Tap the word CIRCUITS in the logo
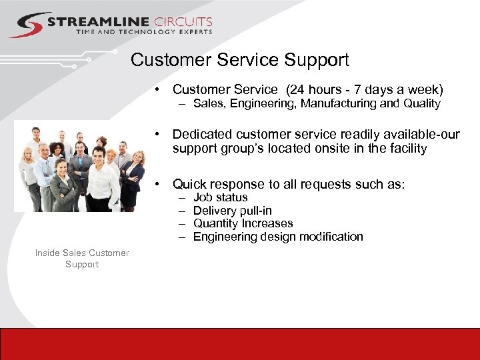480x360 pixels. [182, 22]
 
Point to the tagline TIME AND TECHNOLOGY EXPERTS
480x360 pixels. [144, 32]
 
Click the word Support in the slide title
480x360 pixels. [317, 60]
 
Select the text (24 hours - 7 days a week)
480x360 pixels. [363, 89]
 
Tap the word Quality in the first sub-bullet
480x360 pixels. [420, 103]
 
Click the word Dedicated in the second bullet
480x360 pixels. [201, 135]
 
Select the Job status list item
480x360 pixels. [220, 197]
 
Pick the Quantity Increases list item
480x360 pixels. [243, 223]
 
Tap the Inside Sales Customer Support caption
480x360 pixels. [82, 259]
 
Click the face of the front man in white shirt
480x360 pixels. [98, 155]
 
